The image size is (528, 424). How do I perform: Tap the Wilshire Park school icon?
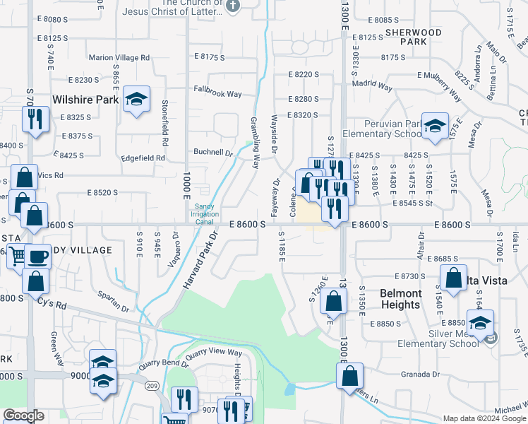coord(137,100)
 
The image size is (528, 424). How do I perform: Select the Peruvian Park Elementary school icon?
coord(435,126)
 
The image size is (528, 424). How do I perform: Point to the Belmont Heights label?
coord(401,299)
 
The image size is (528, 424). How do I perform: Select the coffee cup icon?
coord(39,257)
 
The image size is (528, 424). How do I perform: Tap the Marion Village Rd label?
coord(119,57)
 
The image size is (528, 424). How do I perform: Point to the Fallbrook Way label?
coord(218,94)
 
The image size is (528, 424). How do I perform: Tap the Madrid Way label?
coord(373,86)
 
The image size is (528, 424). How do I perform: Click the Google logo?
coord(23,416)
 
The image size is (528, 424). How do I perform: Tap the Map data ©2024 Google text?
coord(484,418)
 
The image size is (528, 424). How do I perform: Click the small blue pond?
coord(290,389)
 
